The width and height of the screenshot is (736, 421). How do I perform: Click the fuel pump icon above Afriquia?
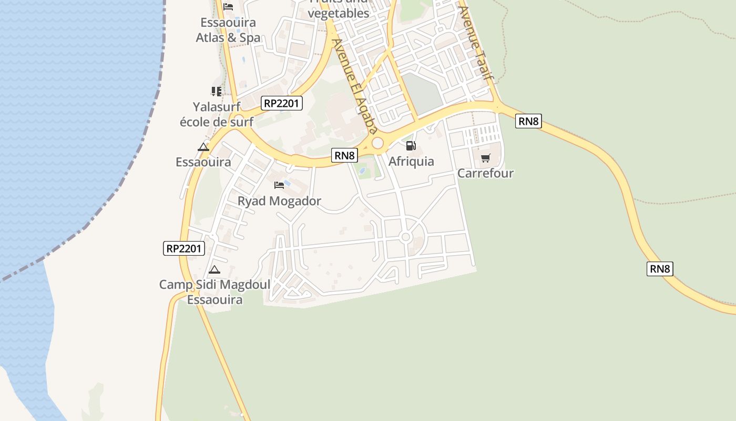pyautogui.click(x=411, y=146)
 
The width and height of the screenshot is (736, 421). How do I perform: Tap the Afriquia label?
pyautogui.click(x=411, y=162)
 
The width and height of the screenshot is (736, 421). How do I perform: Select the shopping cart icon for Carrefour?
pyautogui.click(x=485, y=158)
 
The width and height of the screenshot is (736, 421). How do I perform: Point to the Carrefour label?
pyautogui.click(x=485, y=173)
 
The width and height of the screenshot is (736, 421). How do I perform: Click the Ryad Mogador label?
pyautogui.click(x=279, y=201)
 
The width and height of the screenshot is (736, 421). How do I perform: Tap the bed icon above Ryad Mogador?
pyautogui.click(x=279, y=185)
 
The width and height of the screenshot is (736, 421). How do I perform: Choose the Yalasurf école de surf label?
pyautogui.click(x=217, y=114)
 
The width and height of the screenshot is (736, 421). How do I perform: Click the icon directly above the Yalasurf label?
pyautogui.click(x=216, y=92)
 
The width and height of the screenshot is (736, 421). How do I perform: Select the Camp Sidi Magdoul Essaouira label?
pyautogui.click(x=215, y=292)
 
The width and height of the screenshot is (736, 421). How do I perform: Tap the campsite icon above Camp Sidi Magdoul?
pyautogui.click(x=214, y=270)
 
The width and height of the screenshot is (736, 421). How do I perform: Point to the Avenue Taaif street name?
pyautogui.click(x=476, y=42)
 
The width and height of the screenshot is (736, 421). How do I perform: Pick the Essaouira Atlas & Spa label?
pyautogui.click(x=228, y=30)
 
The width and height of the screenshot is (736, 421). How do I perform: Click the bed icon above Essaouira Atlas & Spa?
pyautogui.click(x=228, y=7)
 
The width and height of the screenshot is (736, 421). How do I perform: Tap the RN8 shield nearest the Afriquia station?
pyautogui.click(x=345, y=155)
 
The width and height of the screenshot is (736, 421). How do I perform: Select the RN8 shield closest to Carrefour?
pyautogui.click(x=528, y=121)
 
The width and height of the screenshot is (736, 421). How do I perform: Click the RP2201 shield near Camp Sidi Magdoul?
pyautogui.click(x=184, y=248)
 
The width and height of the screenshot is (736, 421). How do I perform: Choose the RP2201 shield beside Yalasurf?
pyautogui.click(x=282, y=103)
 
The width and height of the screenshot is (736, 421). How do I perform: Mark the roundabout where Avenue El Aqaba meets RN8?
pyautogui.click(x=377, y=143)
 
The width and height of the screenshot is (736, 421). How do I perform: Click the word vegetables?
pyautogui.click(x=339, y=14)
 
